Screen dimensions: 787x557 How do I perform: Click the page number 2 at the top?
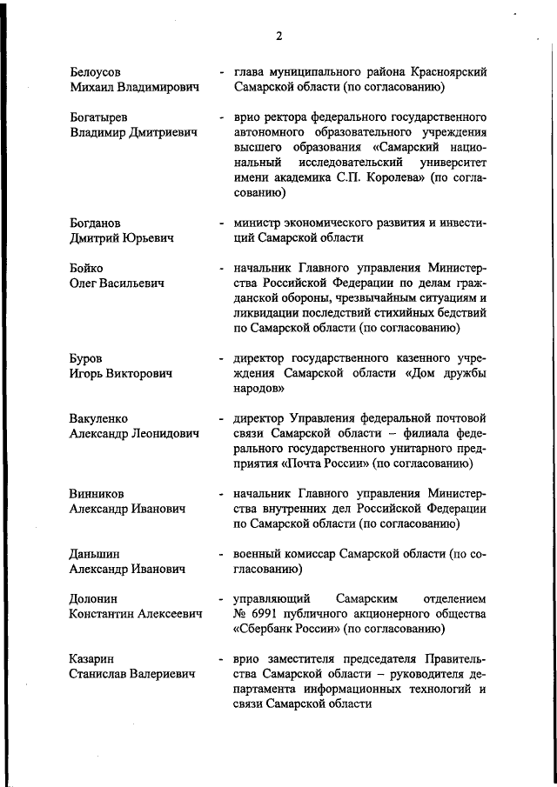pos(278,36)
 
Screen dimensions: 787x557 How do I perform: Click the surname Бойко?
pos(87,267)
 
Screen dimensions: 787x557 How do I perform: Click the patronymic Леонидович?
pos(164,433)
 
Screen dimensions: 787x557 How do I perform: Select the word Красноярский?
pos(446,71)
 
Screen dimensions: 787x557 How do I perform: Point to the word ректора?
pos(286,116)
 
